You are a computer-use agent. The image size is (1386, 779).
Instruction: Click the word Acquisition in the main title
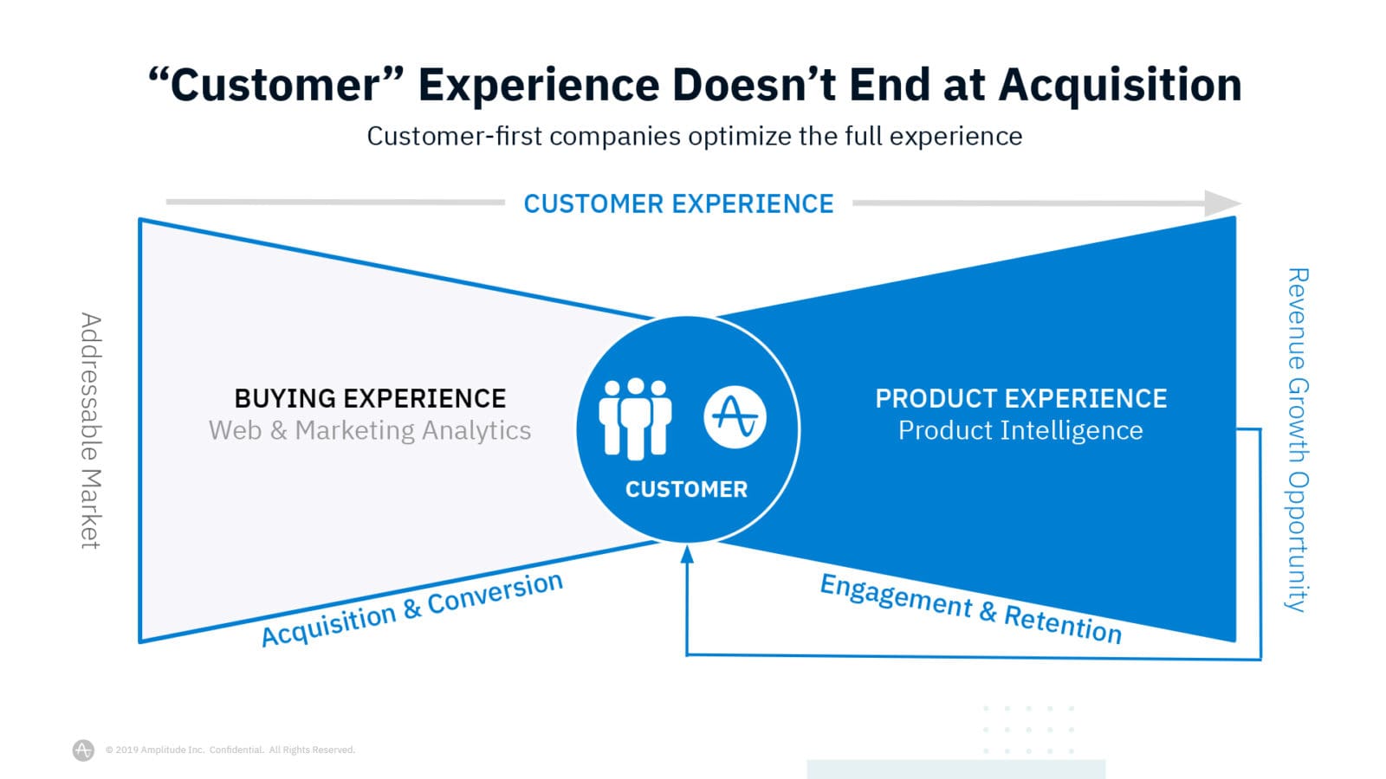point(1120,86)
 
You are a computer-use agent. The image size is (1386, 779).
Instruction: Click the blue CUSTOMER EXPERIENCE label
point(679,203)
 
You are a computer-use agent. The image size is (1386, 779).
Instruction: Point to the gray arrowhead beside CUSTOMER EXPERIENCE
point(1222,203)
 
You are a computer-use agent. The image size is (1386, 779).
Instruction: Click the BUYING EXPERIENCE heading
point(370,399)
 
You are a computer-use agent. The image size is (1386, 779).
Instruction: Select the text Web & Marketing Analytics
point(370,430)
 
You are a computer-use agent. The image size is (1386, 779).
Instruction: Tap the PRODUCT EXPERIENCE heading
point(1021,399)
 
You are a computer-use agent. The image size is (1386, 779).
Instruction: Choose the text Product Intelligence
point(1020,430)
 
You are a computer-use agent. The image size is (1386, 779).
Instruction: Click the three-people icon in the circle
point(635,419)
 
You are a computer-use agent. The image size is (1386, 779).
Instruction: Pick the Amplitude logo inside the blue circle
point(735,417)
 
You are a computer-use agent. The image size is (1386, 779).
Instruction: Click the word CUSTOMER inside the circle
point(686,490)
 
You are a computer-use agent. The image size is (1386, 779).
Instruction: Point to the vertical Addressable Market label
point(91,431)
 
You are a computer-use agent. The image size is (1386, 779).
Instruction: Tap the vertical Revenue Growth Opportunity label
point(1298,440)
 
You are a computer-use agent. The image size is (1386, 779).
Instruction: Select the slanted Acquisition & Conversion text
point(412,609)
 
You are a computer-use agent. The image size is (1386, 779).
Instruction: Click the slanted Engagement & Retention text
point(971,609)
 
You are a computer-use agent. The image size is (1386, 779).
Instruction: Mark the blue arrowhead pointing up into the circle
point(687,554)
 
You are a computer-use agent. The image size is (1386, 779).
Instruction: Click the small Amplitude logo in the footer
point(83,750)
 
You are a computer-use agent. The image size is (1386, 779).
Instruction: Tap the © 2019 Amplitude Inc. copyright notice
point(230,750)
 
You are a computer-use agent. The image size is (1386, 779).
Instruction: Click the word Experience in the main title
point(539,86)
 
